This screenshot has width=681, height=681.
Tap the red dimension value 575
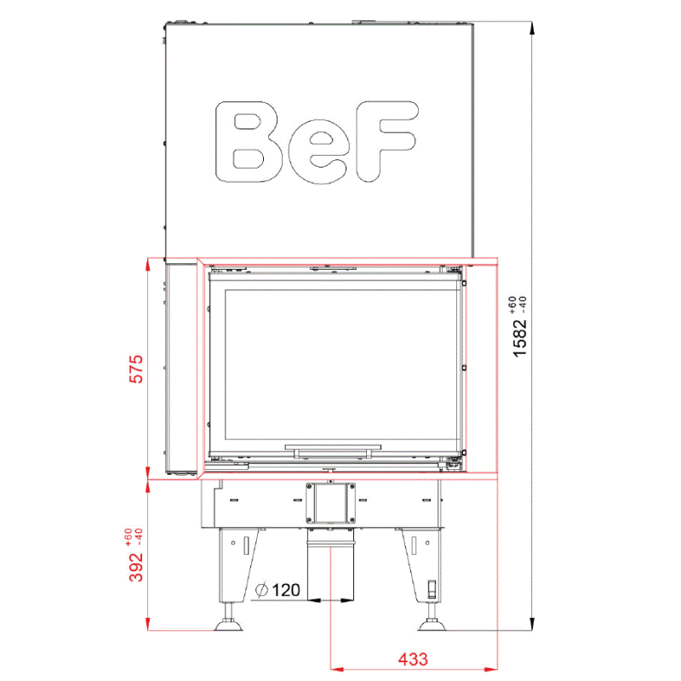click(x=136, y=369)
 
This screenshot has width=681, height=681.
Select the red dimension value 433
click(x=413, y=659)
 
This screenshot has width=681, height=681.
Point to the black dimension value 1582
click(x=519, y=338)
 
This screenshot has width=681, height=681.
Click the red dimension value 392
click(x=136, y=567)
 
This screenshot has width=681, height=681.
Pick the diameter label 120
click(x=286, y=590)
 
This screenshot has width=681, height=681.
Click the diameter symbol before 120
click(x=261, y=590)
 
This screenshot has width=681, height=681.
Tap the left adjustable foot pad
click(x=228, y=626)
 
